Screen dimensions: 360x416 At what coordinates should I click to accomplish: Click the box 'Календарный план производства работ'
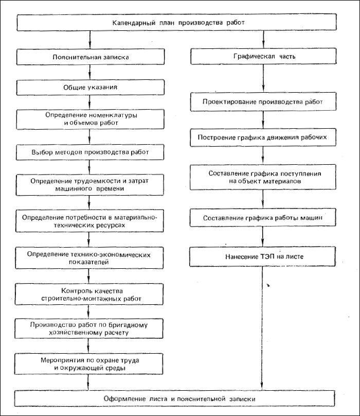coord(176,23)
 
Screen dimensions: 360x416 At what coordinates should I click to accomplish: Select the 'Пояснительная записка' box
coord(91,57)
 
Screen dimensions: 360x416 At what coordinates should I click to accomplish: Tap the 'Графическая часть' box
coord(263,56)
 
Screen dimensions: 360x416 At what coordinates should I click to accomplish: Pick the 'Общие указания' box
coord(90,88)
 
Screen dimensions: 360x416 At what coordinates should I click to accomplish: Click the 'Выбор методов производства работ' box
coord(90,152)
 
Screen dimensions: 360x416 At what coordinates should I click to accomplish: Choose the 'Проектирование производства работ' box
coord(263,101)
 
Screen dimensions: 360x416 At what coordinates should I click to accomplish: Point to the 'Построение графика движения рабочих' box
coord(263,137)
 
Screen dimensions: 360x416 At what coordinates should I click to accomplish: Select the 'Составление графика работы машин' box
coord(263,218)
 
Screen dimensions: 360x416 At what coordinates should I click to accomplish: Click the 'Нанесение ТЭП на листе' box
coord(262,256)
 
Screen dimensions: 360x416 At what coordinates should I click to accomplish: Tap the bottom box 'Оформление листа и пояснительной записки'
coord(174,398)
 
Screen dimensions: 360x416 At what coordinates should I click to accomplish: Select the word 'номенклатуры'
coord(113,115)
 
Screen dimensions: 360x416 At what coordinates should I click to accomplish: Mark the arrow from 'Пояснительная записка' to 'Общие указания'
coord(90,72)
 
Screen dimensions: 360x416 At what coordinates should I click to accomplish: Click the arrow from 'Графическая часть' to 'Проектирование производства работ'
coord(263,78)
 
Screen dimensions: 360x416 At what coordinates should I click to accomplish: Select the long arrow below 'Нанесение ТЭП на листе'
coord(262,328)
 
